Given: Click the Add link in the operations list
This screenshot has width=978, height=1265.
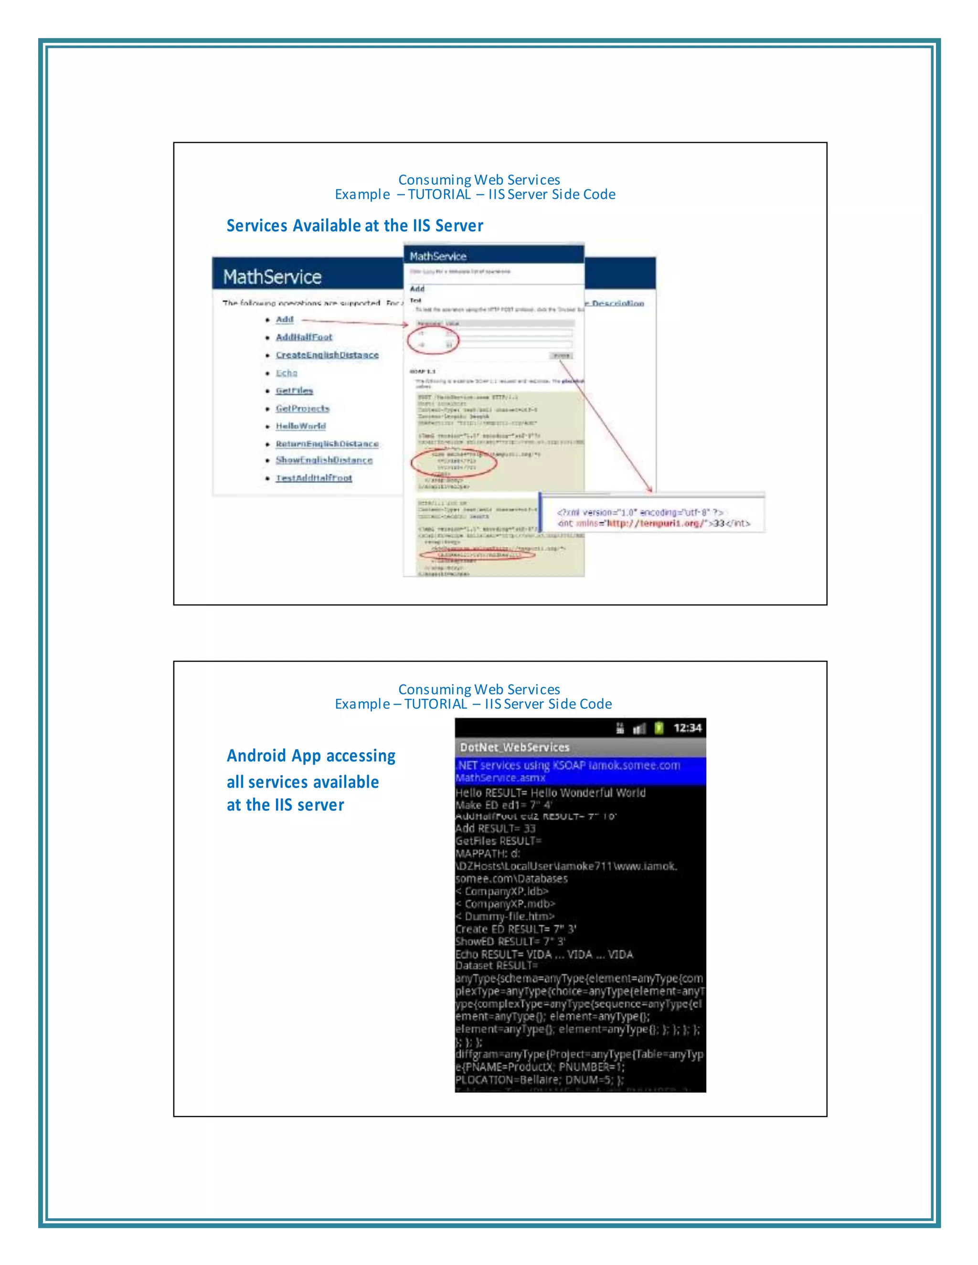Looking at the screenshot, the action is (x=285, y=320).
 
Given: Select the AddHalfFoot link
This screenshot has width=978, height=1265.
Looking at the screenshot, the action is (x=304, y=337).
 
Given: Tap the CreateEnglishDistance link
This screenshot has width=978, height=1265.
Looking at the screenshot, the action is (x=327, y=355).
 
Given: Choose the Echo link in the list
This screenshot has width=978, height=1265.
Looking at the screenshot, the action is (x=286, y=373).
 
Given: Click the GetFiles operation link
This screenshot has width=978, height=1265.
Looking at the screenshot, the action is (x=294, y=391).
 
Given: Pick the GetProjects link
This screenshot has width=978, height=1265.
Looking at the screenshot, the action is (x=302, y=408).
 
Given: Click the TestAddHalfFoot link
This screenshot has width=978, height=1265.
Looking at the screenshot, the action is (x=313, y=478).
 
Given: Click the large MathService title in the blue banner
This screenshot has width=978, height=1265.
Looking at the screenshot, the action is (x=272, y=277).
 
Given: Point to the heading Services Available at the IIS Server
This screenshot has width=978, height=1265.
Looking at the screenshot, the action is (x=355, y=226).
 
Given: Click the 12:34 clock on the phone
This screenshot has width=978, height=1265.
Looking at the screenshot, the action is (x=687, y=728).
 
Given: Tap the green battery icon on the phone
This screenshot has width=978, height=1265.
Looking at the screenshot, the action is (x=658, y=728).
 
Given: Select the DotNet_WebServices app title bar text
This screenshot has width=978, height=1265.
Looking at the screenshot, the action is (x=514, y=747).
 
